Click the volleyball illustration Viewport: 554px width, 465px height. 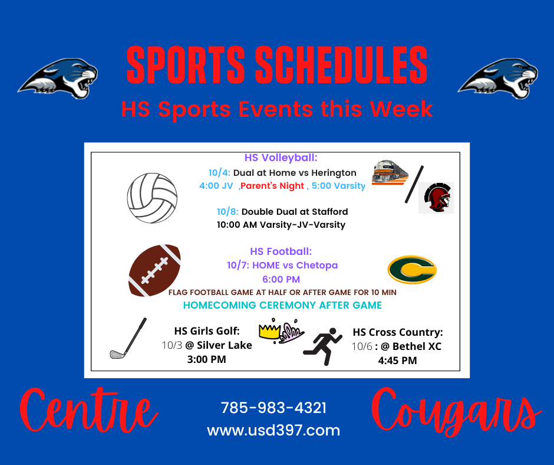pos(152,198)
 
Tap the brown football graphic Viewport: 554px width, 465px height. pos(154,270)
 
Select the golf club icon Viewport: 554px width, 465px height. pos(128,338)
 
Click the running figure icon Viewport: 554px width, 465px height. pos(322,346)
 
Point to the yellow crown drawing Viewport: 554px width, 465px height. pos(269,331)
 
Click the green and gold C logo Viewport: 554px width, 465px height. pos(412,270)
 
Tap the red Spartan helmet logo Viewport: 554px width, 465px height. pos(436,198)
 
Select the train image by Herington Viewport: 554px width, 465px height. pos(390,172)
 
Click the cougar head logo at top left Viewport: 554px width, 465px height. pos(58,78)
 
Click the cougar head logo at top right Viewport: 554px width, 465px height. pos(498,78)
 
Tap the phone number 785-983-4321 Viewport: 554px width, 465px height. pos(273,408)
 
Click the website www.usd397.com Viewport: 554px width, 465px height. pos(273,430)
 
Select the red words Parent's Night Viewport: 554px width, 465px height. pos(272,186)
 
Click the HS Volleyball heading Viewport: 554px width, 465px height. pos(281,158)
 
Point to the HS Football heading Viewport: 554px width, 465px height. pos(281,251)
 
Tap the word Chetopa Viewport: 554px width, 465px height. pos(317,265)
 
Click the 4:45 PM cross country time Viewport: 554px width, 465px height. pos(397,361)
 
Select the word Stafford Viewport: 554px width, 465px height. pos(329,212)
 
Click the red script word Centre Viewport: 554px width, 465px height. pos(88,410)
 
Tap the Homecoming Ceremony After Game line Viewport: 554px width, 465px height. pos(282,305)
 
